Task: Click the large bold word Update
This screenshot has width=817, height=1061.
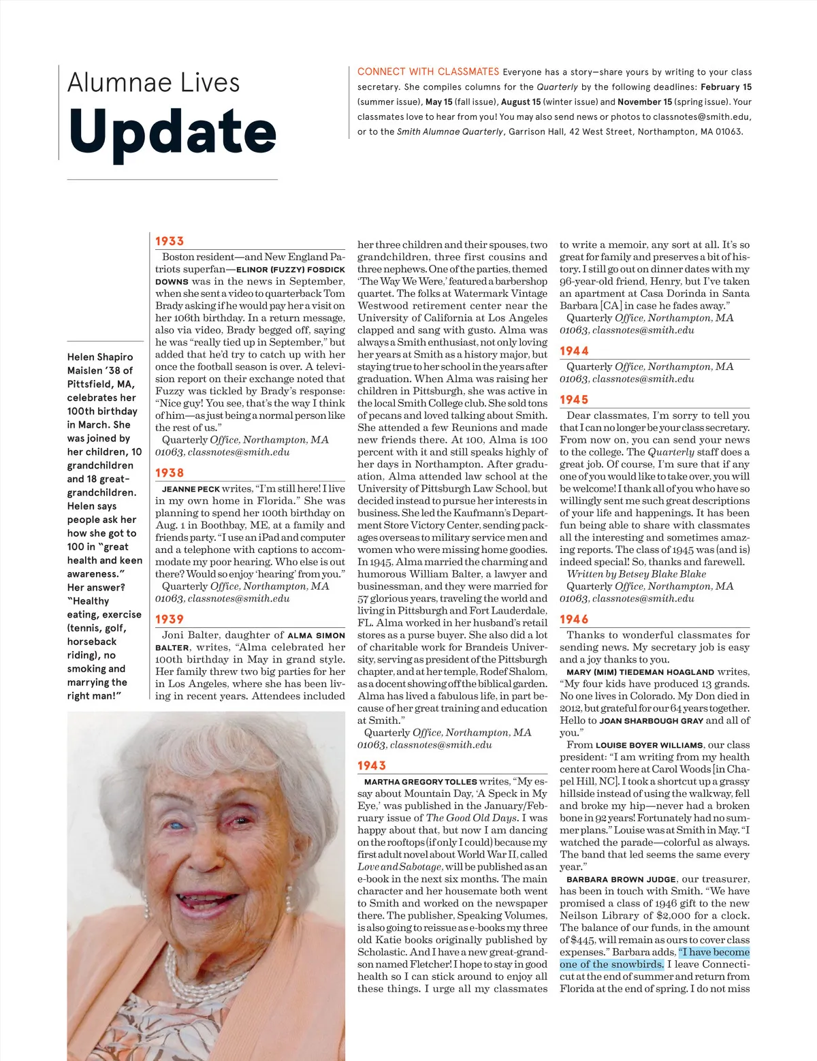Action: pos(172,132)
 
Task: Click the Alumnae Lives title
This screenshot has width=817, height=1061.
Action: pos(154,83)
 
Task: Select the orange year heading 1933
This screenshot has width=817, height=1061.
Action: pos(170,241)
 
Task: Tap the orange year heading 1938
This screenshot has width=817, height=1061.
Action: pos(170,473)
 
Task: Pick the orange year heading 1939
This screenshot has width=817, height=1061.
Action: pos(170,619)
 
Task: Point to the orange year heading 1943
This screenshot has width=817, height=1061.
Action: pos(372,765)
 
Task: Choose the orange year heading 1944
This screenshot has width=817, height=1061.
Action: pos(574,351)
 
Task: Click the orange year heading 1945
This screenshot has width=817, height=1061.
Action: pos(574,400)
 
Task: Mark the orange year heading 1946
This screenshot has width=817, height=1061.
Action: pos(574,619)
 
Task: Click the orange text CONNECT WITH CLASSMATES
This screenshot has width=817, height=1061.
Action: pos(428,72)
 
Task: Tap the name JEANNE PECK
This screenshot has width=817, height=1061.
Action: pos(191,489)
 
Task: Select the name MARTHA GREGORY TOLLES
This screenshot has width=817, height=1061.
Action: pos(420,782)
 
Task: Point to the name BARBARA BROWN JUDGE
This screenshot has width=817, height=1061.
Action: pos(621,879)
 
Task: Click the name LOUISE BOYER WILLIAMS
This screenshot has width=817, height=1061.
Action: pos(650,745)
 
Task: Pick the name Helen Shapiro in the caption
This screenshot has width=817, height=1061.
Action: pos(100,357)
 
